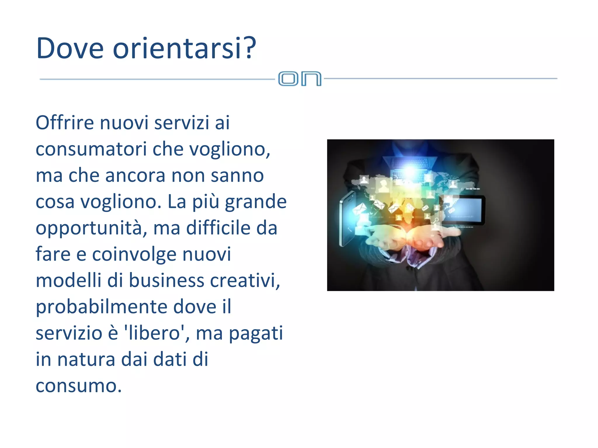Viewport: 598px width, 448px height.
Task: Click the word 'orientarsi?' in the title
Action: tap(184, 48)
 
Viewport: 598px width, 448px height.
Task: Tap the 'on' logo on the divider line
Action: tap(300, 79)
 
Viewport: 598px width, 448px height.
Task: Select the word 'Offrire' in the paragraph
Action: tap(65, 123)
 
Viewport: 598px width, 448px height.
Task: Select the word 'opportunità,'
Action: tap(91, 228)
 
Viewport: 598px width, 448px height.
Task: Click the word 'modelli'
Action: tap(68, 280)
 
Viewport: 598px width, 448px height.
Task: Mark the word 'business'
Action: tap(167, 280)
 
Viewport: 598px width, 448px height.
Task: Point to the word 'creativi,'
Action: tap(245, 280)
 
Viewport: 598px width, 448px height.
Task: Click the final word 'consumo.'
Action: tap(79, 386)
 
